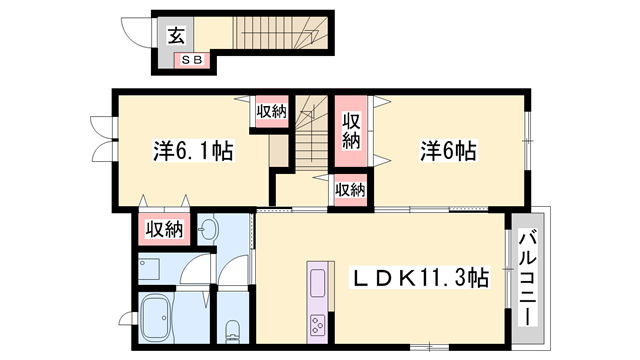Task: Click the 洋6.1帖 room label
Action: point(193,152)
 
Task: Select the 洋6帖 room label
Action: point(447,152)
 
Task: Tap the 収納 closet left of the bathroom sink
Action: point(160,229)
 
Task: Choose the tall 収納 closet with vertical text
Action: point(351,131)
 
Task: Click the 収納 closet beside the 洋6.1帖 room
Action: point(270,111)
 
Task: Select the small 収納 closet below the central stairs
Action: point(349,188)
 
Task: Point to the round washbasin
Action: point(208,230)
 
